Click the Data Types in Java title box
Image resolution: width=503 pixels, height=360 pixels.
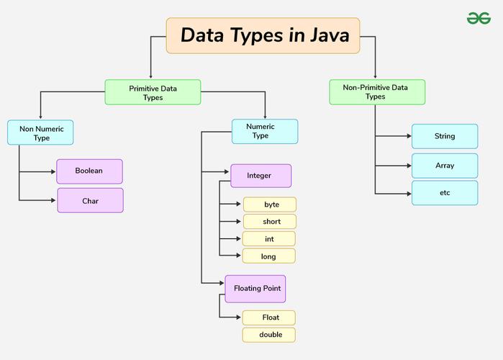263,35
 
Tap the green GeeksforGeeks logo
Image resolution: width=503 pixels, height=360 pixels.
479,17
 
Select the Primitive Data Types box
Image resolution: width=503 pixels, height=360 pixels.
153,92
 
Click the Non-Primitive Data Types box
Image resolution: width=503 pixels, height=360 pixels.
376,91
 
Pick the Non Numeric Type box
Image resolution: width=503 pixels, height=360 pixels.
40,132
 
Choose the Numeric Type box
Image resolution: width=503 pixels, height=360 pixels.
264,131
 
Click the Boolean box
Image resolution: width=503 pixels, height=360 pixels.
90,171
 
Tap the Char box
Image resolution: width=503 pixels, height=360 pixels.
90,201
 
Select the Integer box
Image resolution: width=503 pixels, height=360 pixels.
260,176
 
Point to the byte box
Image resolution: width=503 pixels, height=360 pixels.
270,204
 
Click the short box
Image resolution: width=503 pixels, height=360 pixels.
270,222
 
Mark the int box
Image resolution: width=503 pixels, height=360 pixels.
270,238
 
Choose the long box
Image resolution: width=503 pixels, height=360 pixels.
270,256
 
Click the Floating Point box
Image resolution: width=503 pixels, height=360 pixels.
255,288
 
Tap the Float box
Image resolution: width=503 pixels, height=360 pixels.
269,318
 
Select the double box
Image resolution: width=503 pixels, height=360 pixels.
269,335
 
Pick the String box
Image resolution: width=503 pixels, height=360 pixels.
445,136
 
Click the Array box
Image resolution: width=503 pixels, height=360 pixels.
445,166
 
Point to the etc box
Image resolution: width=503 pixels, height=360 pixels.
445,193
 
